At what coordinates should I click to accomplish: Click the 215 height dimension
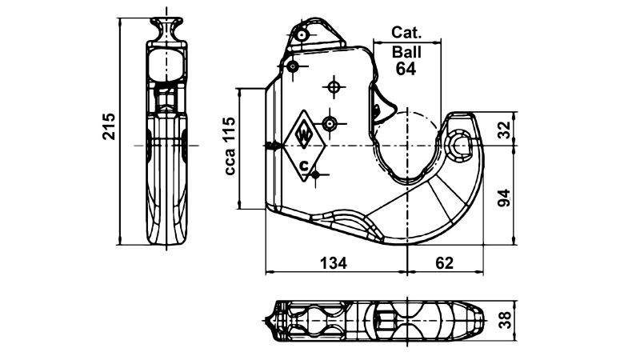(x=109, y=126)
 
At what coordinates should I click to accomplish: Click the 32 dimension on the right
(x=503, y=130)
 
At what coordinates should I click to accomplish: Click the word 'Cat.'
(x=406, y=33)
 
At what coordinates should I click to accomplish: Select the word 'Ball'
(x=406, y=51)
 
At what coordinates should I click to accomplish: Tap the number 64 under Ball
(x=406, y=69)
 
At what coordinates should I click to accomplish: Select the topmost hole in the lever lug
(x=301, y=36)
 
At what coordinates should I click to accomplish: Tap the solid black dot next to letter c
(x=317, y=173)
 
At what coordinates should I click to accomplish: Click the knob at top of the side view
(x=168, y=27)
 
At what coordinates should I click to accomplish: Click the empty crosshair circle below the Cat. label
(x=334, y=86)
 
